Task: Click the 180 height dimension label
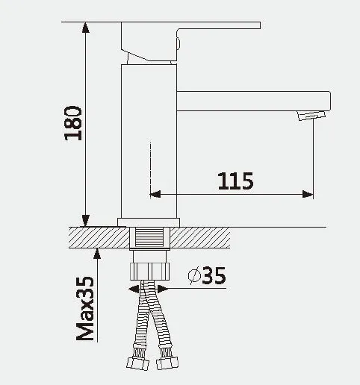(73, 123)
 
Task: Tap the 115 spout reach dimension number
(235, 181)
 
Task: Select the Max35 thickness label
(85, 308)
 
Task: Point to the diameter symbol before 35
(194, 275)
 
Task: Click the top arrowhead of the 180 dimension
(85, 28)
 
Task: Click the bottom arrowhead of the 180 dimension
(85, 221)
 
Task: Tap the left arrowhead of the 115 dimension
(155, 194)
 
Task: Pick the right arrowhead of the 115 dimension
(308, 194)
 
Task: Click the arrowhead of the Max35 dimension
(97, 254)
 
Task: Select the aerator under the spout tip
(311, 116)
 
